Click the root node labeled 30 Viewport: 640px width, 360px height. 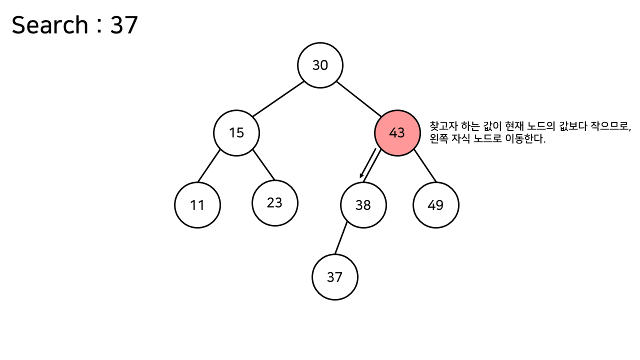click(320, 65)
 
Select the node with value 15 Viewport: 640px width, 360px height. click(236, 133)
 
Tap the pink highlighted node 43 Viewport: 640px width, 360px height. click(397, 133)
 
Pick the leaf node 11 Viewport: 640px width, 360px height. click(197, 205)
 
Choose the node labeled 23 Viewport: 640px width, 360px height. click(274, 202)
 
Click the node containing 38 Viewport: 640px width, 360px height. click(363, 205)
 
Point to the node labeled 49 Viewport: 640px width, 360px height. click(435, 205)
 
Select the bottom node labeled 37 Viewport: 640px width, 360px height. click(334, 277)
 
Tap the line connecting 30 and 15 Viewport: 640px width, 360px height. click(278, 98)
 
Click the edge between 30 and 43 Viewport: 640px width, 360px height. click(359, 99)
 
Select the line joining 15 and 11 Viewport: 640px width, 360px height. click(209, 165)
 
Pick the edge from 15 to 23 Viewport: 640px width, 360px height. click(263, 164)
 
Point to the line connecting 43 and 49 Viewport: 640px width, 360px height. click(424, 166)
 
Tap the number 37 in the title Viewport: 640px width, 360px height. click(124, 25)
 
